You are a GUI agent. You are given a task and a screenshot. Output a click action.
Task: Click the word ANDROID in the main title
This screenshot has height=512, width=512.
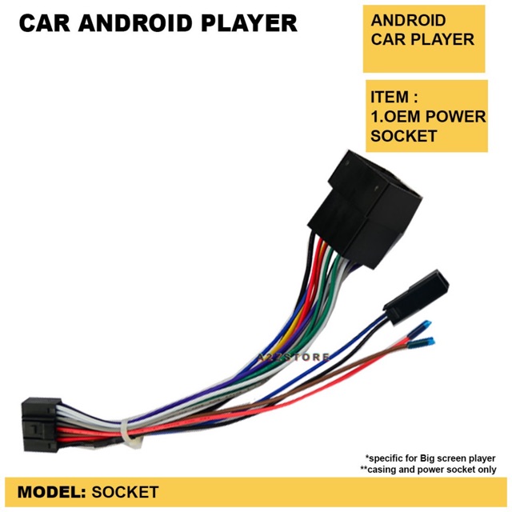143,23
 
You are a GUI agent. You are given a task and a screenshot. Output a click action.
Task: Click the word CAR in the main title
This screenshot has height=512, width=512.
47,23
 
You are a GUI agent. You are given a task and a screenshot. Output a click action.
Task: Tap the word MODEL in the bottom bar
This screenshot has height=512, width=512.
50,491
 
